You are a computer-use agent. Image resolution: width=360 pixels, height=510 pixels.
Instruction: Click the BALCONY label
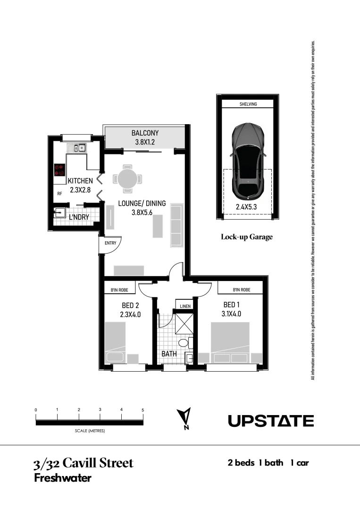(x=145, y=133)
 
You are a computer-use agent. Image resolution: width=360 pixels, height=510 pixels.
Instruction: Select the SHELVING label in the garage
(x=248, y=104)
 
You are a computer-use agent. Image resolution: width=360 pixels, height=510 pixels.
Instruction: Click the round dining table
(x=126, y=178)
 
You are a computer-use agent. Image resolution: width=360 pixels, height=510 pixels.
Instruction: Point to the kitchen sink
(x=76, y=148)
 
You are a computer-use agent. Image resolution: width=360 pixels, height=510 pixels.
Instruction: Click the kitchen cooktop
(x=59, y=170)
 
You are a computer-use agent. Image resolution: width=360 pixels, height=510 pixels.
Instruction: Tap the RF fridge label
(x=59, y=194)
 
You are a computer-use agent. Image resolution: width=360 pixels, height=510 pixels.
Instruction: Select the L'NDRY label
(x=79, y=217)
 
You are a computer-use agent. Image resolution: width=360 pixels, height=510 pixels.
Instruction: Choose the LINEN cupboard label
(x=184, y=306)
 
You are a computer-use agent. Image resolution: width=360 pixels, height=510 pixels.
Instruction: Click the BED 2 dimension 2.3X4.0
(x=128, y=313)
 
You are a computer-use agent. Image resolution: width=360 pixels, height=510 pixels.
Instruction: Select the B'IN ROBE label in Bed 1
(x=241, y=290)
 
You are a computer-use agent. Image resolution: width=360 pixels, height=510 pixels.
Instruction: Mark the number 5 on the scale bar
(x=142, y=410)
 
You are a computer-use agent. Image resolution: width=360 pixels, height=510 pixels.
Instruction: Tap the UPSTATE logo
(x=271, y=421)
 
